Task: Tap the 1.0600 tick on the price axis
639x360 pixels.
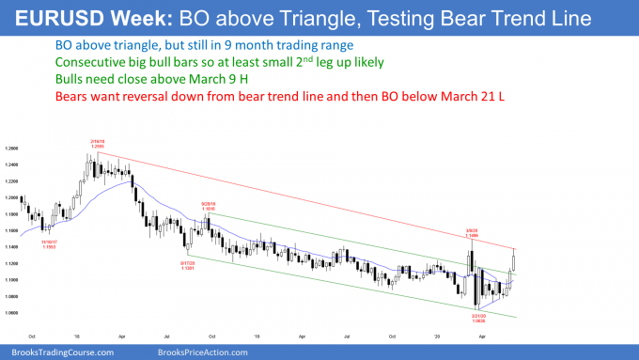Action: [13, 312]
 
